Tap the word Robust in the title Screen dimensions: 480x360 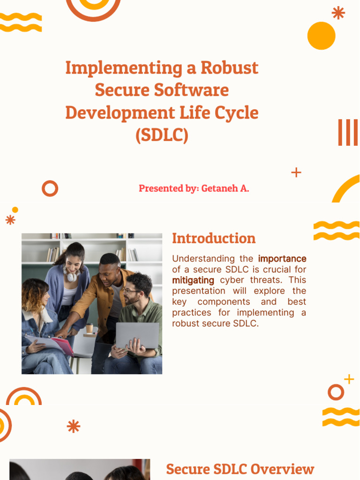click(x=229, y=68)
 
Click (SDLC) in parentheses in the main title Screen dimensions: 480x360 click(x=162, y=135)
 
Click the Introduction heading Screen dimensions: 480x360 click(x=214, y=238)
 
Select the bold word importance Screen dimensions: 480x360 click(x=282, y=259)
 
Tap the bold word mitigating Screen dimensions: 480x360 click(x=193, y=280)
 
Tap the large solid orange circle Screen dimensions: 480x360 click(x=321, y=36)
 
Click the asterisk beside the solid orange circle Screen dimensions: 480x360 click(x=338, y=13)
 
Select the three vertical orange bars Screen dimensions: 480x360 click(x=348, y=133)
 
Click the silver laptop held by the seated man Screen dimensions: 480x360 click(x=137, y=336)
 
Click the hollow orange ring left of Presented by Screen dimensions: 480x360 click(x=50, y=188)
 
